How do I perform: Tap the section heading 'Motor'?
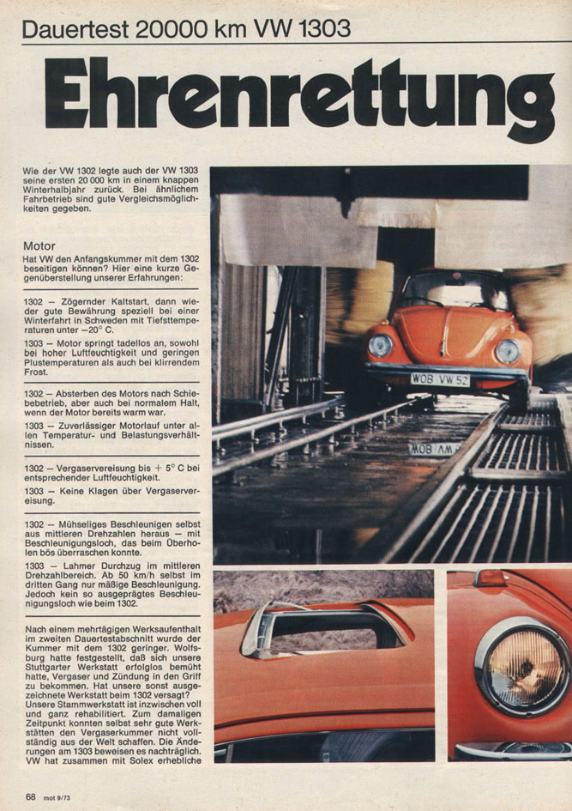[x=39, y=245]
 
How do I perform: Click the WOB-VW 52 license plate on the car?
[x=439, y=378]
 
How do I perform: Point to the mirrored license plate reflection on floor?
[x=433, y=449]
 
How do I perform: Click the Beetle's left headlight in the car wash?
[x=380, y=346]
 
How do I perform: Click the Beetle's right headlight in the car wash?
[x=507, y=351]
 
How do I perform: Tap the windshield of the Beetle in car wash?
[x=452, y=292]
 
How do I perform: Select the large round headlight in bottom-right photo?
[x=521, y=668]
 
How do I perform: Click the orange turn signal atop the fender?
[x=490, y=578]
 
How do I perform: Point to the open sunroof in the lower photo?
[x=326, y=629]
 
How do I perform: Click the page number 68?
[x=30, y=796]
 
